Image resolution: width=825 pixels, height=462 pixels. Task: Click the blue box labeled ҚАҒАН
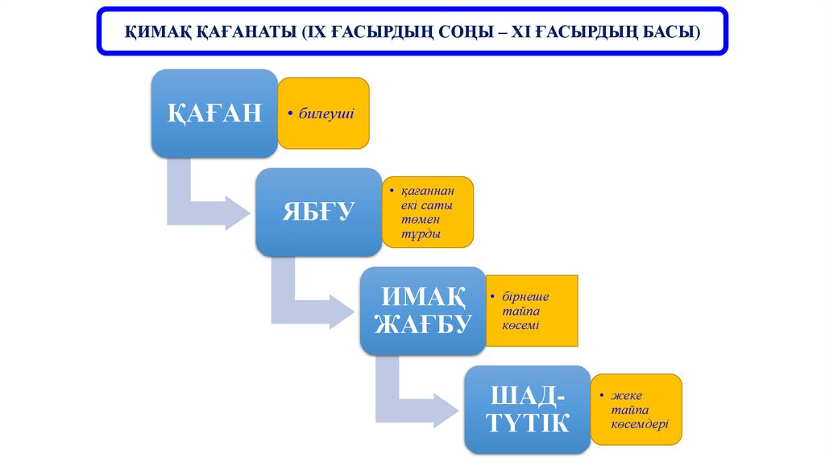point(214,113)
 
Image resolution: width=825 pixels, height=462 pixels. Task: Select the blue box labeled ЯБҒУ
point(318,212)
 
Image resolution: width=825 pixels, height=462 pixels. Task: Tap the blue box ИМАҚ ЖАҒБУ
point(421,311)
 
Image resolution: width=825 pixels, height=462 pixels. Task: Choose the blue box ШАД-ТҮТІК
point(527,410)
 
